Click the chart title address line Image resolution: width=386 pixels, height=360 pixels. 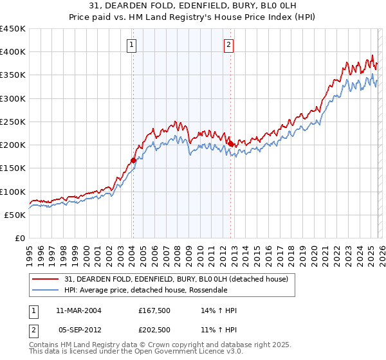pos(193,6)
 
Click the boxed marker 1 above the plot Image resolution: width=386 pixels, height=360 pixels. pos(132,45)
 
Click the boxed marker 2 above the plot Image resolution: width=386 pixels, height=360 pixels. pos(229,45)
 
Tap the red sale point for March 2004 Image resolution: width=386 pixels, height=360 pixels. pos(133,160)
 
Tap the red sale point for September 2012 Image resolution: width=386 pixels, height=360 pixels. pos(230,144)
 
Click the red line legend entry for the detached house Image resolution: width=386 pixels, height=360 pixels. pos(180,278)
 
